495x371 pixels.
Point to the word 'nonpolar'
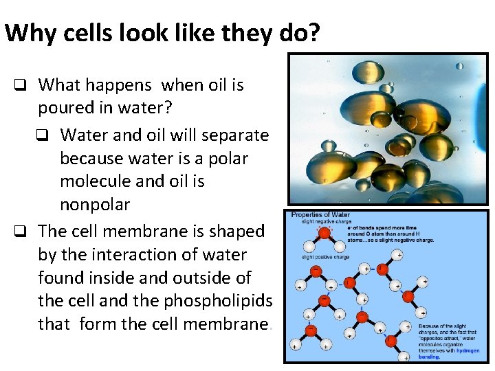pos(95,205)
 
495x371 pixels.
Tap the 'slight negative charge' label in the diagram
pos(327,223)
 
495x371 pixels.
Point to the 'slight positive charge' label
pos(327,257)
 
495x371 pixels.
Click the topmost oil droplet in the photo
pos(368,70)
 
